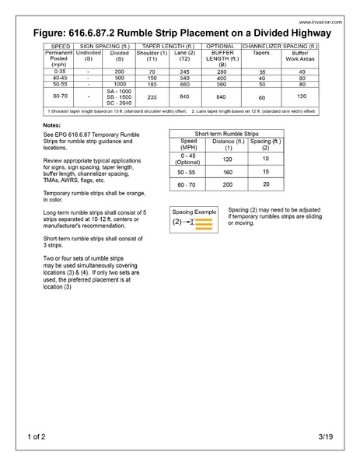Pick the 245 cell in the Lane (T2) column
point(184,71)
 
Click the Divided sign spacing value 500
point(119,78)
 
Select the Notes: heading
point(52,125)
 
